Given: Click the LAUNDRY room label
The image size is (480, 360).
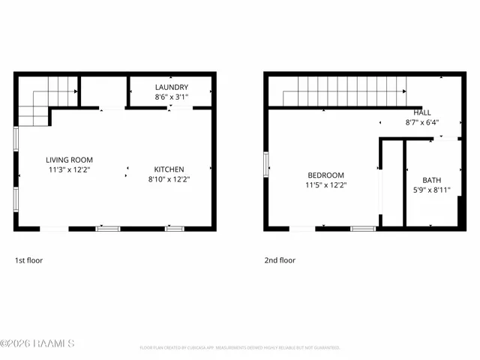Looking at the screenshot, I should (x=172, y=87).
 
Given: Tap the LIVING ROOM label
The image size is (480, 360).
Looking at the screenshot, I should (x=69, y=160).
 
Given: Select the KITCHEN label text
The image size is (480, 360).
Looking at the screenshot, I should (x=169, y=169).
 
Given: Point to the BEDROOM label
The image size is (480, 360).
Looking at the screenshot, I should (x=325, y=175).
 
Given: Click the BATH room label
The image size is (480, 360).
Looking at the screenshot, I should (x=432, y=180).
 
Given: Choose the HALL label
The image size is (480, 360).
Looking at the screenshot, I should (x=422, y=112).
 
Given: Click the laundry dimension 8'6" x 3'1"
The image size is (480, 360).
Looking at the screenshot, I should (x=172, y=97).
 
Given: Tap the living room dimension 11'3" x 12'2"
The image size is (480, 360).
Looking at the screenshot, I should (x=69, y=169).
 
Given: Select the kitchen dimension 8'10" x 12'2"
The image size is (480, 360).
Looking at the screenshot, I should (x=169, y=179).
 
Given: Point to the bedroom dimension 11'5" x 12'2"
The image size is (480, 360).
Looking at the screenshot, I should (x=325, y=184).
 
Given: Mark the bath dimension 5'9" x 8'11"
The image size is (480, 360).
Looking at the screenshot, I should (x=432, y=190).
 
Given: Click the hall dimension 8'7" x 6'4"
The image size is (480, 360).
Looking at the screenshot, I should (x=422, y=122).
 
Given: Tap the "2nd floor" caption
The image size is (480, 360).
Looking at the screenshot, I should (x=280, y=260).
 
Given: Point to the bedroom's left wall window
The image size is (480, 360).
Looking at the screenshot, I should (x=265, y=165).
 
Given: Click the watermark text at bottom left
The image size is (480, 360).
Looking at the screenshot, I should (x=37, y=343).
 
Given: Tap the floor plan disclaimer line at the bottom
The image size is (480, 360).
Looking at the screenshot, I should (x=240, y=348).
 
